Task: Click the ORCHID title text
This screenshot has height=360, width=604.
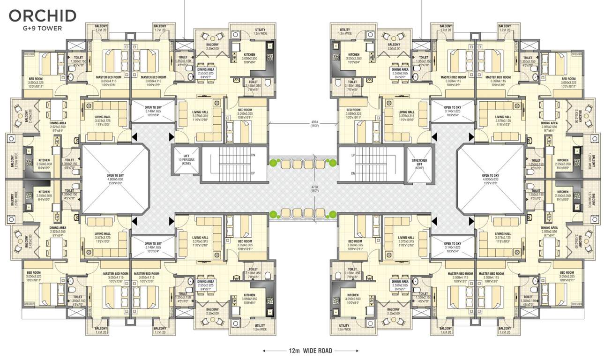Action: [42, 15]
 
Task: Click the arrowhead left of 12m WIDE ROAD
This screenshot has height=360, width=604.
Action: [265, 350]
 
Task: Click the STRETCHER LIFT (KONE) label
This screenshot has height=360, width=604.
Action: [419, 164]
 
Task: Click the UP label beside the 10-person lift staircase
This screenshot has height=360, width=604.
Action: [253, 173]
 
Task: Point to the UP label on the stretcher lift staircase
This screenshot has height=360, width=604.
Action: [353, 154]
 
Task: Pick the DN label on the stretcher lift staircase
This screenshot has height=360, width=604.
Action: [353, 173]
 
